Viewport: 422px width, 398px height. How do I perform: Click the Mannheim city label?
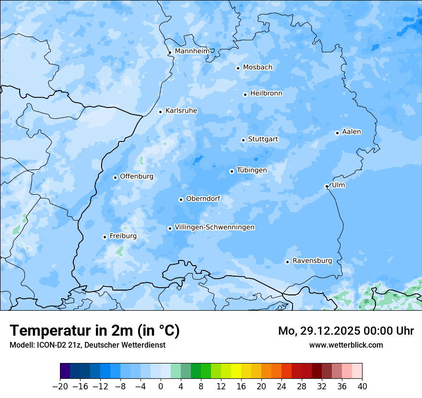pos(192,51)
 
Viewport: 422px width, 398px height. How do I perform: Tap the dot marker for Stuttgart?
pos(243,140)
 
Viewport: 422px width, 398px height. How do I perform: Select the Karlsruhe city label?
pos(181,111)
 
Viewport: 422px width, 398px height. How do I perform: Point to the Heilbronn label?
pos(266,94)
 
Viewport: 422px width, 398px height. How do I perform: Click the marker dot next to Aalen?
pos(337,133)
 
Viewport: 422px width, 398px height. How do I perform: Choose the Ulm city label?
pos(338,185)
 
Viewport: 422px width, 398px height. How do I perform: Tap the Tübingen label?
pos(252,170)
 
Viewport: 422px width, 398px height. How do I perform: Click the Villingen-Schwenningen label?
pos(214,227)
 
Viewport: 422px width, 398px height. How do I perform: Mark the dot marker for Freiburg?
pos(105,237)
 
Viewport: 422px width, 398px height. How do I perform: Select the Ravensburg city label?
pos(312,261)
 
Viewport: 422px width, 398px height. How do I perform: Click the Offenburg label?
pos(137,176)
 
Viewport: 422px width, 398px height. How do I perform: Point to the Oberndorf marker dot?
pos(181,199)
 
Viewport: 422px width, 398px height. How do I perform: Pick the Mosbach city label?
pos(258,68)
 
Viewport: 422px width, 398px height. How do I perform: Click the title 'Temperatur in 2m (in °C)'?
pos(94,330)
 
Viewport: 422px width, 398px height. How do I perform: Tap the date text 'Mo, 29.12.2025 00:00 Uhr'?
pos(346,331)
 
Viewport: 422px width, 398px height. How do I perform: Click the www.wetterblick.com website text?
pos(346,345)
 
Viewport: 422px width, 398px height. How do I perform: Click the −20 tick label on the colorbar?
pos(60,386)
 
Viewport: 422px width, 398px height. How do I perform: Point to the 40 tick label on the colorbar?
pos(362,386)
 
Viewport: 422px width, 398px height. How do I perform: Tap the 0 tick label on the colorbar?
pos(161,386)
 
